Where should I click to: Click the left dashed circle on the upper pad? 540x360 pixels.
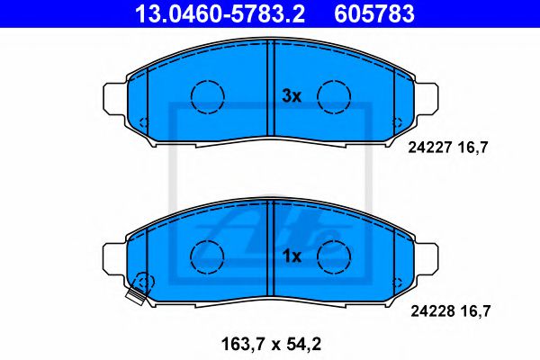coord(209,94)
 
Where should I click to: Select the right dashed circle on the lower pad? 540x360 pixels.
coord(334,255)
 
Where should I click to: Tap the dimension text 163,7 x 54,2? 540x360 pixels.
coord(271,344)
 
